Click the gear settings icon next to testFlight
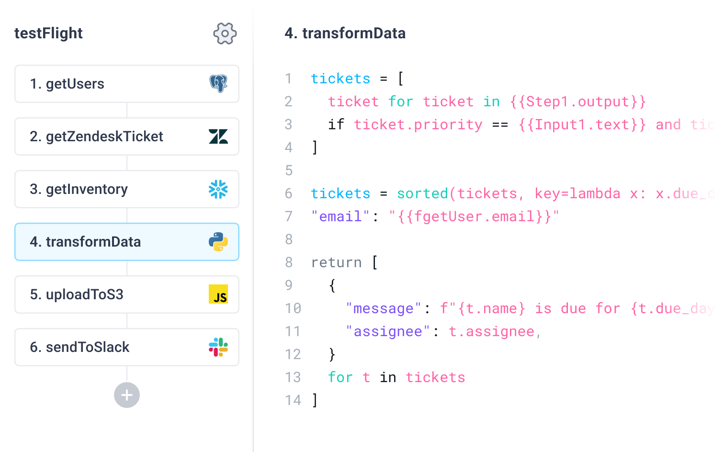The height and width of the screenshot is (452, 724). [x=225, y=34]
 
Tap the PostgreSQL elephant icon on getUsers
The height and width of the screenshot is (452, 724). [x=218, y=84]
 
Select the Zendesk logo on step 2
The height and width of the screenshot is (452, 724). [x=218, y=136]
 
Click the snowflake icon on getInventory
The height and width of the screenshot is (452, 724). [x=218, y=189]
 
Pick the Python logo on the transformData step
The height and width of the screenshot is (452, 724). [x=218, y=242]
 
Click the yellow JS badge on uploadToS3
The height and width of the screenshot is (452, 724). [x=218, y=294]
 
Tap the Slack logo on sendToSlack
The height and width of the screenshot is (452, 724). [x=218, y=347]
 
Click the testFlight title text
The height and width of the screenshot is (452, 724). [x=48, y=34]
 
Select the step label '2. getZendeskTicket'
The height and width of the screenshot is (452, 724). [x=96, y=136]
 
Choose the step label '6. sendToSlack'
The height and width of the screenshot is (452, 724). [x=79, y=347]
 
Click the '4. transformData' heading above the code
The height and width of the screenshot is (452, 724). [x=345, y=34]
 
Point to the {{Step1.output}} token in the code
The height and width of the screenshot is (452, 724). [x=578, y=102]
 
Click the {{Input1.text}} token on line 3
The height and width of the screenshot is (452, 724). [x=582, y=125]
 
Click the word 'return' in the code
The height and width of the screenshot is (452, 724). [x=336, y=263]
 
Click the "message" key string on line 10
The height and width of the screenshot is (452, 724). [x=383, y=309]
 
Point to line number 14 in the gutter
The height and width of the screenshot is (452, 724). [x=293, y=400]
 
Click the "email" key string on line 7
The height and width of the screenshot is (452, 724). [x=340, y=217]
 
